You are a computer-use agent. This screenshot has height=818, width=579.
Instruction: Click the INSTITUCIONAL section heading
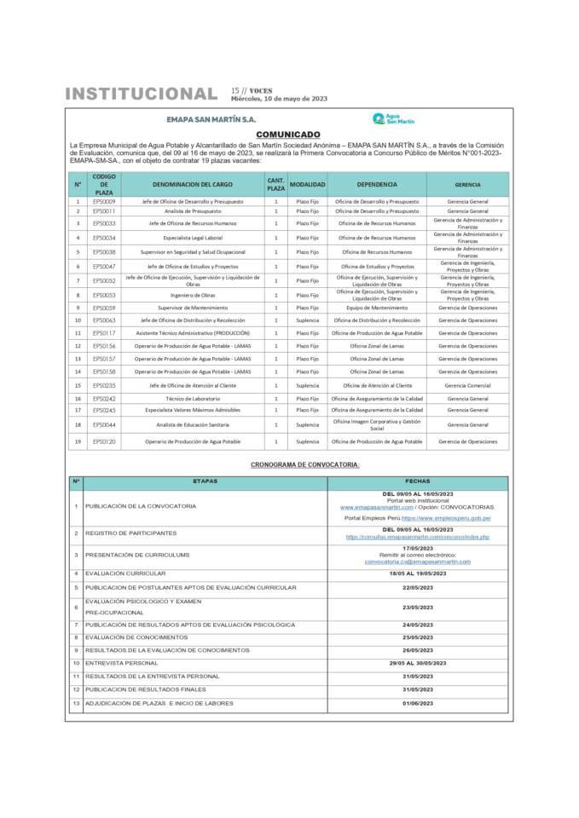141,94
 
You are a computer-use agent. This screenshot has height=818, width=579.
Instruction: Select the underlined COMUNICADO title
288,135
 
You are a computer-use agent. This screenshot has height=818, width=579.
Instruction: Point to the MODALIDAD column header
307,184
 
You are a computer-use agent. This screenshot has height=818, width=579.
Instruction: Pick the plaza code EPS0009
104,201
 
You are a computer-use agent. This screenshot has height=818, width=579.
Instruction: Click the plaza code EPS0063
104,320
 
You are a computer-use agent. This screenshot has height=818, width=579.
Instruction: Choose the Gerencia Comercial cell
467,385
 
